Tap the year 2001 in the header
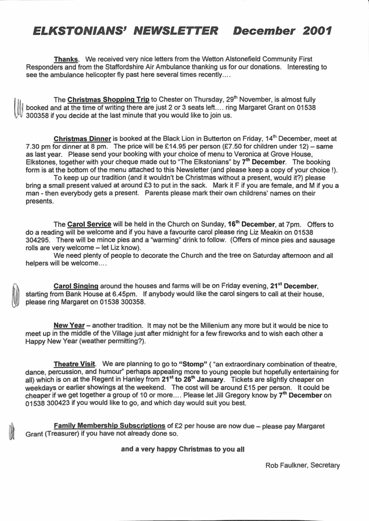click(317, 32)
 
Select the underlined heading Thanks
click(66, 59)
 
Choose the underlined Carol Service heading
click(89, 224)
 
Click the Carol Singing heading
click(76, 286)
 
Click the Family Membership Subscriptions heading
click(110, 426)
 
